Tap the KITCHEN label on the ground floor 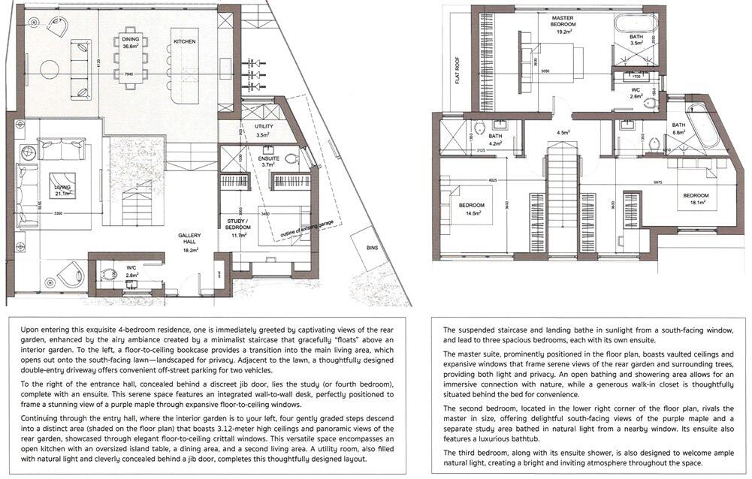click(185, 41)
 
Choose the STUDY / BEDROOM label click(239, 224)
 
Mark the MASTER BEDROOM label click(563, 24)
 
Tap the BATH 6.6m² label click(679, 128)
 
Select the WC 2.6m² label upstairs click(636, 92)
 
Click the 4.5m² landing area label click(563, 133)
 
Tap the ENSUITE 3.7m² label click(269, 164)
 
